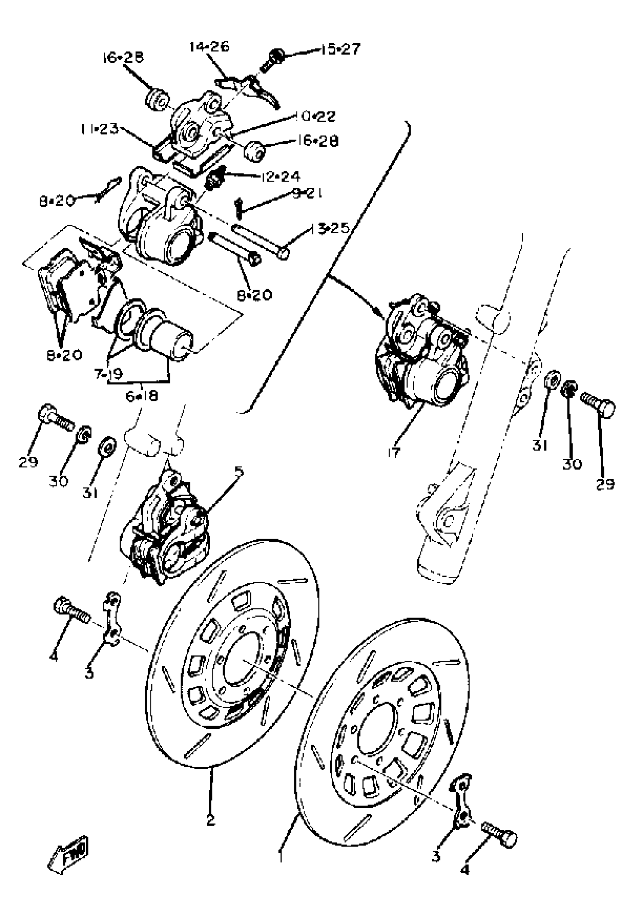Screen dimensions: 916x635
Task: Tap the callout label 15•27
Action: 341,49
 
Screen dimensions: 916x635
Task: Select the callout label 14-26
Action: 210,47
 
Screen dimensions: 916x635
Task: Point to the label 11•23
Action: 99,129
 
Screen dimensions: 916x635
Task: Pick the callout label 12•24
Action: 281,176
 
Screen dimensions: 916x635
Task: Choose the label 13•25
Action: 329,228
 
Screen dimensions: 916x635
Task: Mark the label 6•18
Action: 142,396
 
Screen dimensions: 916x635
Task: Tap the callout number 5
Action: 239,471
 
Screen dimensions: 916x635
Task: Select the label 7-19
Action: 109,374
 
